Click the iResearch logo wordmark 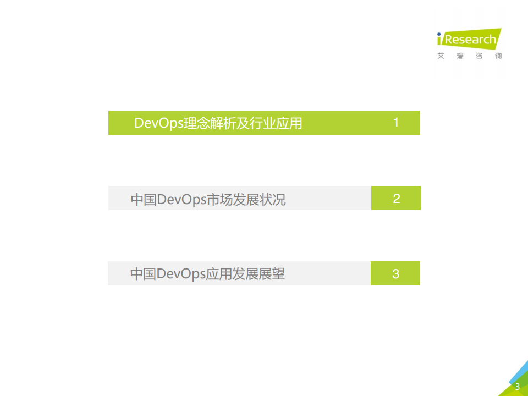coord(467,39)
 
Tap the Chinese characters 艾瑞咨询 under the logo coord(469,56)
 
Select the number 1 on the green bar coord(396,123)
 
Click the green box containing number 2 coord(396,198)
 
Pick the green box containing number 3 coord(395,273)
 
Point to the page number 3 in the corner coord(517,387)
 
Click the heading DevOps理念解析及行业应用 coord(218,123)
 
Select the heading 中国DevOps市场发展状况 coord(208,199)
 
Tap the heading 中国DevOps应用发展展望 coord(207,274)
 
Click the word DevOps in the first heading coord(159,123)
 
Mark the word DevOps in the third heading coord(181,274)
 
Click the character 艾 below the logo coord(441,56)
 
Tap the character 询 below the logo coord(498,56)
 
